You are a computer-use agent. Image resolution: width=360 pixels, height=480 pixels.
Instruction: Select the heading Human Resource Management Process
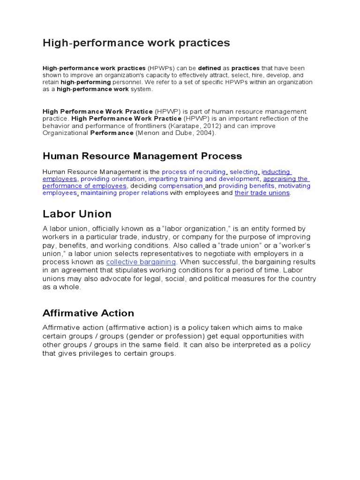point(142,156)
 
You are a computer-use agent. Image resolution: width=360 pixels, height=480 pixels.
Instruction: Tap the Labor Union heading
point(77,214)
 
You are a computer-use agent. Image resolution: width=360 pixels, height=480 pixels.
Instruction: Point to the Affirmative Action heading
point(88,313)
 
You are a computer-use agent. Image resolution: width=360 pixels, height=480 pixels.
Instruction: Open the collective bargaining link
point(141,262)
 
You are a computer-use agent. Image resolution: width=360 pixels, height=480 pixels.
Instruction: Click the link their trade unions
point(262,193)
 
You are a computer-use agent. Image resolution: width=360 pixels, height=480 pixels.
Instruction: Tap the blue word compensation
point(180,186)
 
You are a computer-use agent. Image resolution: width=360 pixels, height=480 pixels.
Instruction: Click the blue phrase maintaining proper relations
point(124,193)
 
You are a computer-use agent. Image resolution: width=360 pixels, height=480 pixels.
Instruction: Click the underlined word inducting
point(276,172)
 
